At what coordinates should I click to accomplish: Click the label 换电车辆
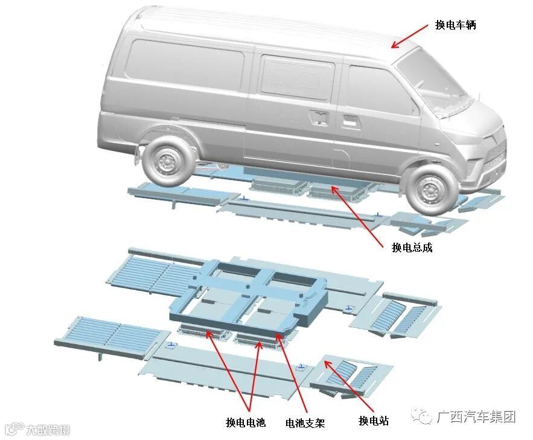(456, 25)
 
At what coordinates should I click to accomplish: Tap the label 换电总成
(412, 247)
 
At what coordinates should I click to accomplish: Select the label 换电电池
(246, 422)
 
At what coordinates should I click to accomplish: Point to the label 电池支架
(305, 423)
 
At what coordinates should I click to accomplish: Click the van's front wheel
(430, 188)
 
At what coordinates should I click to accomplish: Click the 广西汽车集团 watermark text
(477, 416)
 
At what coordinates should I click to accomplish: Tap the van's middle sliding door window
(297, 77)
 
